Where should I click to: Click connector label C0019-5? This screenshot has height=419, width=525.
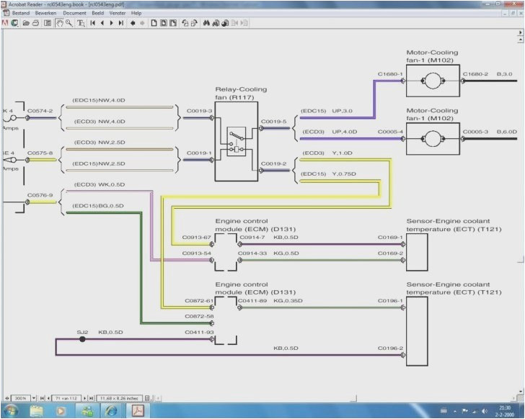click(x=273, y=121)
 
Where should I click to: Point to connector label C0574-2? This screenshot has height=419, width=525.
click(x=40, y=111)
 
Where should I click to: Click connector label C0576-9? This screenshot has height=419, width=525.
click(x=40, y=194)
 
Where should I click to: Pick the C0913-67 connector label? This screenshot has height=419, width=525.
click(x=197, y=237)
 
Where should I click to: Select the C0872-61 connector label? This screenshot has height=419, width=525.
click(x=199, y=300)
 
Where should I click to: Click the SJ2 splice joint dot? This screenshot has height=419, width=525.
click(x=82, y=338)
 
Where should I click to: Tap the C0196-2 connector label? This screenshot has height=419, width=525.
click(x=391, y=348)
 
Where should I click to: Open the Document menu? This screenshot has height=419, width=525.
click(x=74, y=13)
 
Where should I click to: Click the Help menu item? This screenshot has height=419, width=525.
click(x=136, y=13)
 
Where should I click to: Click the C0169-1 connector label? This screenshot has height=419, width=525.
click(x=391, y=237)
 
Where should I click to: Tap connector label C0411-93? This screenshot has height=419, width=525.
click(x=199, y=332)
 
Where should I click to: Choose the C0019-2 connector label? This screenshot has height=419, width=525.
click(x=273, y=163)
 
